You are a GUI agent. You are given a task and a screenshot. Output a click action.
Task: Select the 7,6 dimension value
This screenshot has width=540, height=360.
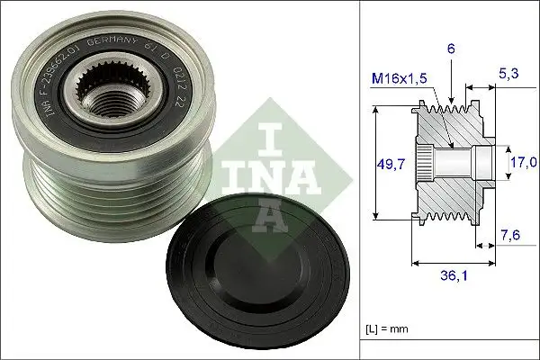click(x=509, y=238)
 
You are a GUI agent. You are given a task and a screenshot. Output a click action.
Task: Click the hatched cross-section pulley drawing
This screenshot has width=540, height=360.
click(x=450, y=162)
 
